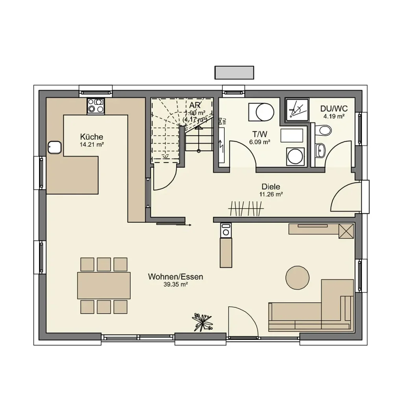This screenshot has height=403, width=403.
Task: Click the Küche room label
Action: tap(91, 137)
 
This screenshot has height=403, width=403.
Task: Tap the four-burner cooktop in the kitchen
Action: tap(96, 106)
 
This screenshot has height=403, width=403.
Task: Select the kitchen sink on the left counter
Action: tap(54, 148)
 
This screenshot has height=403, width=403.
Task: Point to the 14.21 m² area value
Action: tap(91, 144)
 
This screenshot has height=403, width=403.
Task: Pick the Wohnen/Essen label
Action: tap(176, 277)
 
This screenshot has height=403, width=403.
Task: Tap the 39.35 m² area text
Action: tap(176, 285)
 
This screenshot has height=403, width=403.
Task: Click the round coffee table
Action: tap(297, 277)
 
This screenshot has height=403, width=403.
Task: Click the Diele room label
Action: tap(271, 187)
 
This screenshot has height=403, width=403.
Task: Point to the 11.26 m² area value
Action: tap(271, 194)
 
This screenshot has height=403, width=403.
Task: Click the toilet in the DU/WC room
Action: tap(324, 129)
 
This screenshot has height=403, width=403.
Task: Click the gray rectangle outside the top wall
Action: tap(234, 72)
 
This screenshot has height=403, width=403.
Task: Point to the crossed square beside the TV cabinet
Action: tap(346, 230)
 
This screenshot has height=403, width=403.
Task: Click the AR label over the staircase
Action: tap(195, 105)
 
